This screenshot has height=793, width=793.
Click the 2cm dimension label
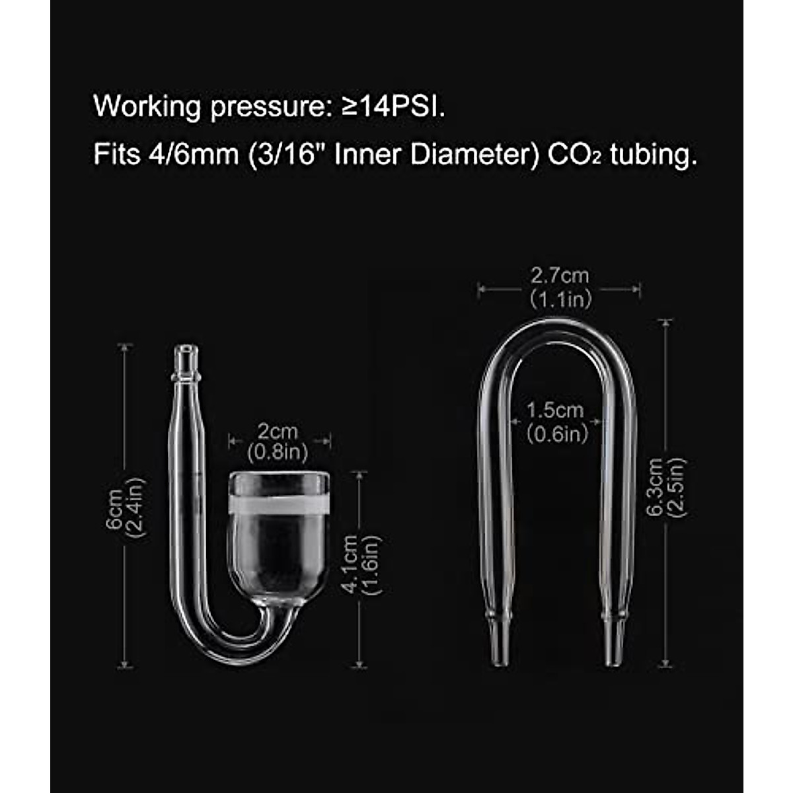[x=278, y=432]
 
